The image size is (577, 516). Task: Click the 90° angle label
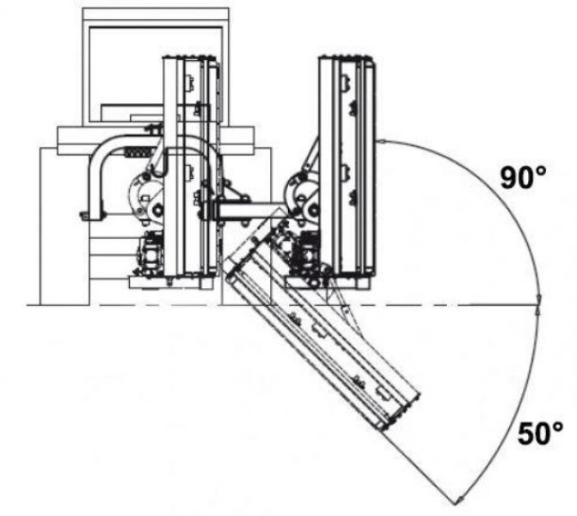(x=523, y=178)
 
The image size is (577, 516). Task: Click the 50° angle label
(x=540, y=433)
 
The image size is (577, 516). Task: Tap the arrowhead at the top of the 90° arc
(x=381, y=141)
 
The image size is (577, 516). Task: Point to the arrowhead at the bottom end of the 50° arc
(x=458, y=501)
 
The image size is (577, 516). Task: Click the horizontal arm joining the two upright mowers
(x=250, y=211)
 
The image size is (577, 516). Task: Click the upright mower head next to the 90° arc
(x=347, y=166)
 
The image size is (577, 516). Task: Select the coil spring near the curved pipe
(x=138, y=151)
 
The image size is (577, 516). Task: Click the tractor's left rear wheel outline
(x=64, y=226)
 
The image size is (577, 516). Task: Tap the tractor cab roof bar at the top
(x=156, y=14)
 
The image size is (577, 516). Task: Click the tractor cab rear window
(x=156, y=74)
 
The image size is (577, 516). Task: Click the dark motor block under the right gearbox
(x=305, y=254)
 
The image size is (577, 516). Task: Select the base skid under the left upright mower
(x=171, y=282)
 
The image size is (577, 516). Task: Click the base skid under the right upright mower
(x=327, y=282)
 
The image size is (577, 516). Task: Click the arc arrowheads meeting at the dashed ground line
(x=538, y=304)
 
